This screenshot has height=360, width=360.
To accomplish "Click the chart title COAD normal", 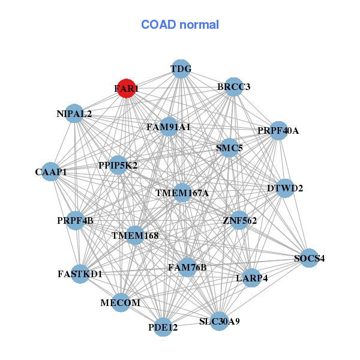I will pos(179,25).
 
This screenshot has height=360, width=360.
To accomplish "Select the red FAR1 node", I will pos(126,88).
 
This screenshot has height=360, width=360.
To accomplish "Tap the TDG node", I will pos(181,69).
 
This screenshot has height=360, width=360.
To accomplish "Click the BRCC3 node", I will pos(233,87).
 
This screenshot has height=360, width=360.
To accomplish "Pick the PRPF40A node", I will pos(278,130).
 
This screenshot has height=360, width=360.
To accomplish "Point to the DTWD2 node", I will pos(285,188).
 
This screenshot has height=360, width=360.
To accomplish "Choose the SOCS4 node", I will pos(309,259).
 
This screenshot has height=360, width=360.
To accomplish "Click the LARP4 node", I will pos(253,278).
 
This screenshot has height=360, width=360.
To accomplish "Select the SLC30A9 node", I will pos(220,321).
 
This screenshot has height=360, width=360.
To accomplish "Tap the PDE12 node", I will pos(163,327).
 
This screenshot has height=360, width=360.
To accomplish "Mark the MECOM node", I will pos(121,303).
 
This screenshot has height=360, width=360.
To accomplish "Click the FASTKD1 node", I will pos(80,274).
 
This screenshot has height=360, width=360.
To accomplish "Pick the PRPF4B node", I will pos(76,221).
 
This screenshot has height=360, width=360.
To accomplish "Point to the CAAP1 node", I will pos(51,172).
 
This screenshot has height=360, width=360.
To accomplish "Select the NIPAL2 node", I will pos(74,113).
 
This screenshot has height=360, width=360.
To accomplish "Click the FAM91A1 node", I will pos(169,127).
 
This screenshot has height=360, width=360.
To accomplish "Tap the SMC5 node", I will pos(229,148).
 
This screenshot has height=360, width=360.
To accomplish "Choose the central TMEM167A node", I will pos(182,193).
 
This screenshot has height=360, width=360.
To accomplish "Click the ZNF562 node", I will pos(239,221).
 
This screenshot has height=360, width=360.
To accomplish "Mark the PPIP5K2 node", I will pos(118,165).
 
